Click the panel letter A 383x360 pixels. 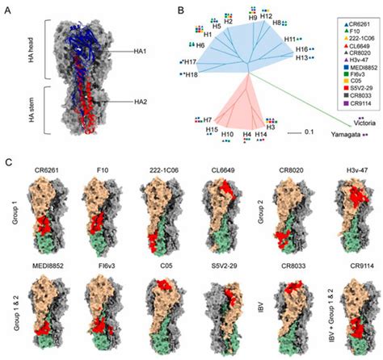(x=6, y=8)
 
